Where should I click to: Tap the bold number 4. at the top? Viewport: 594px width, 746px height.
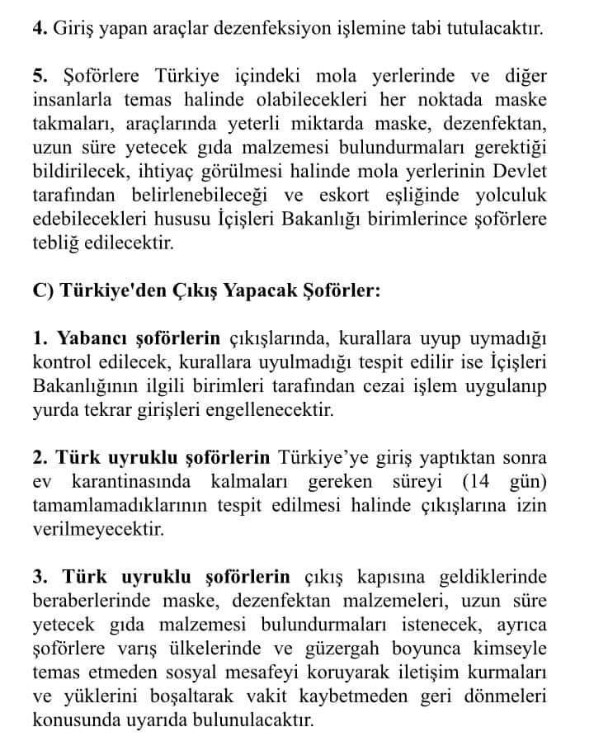pos(39,30)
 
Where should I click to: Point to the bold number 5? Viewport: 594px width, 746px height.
pos(39,78)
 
